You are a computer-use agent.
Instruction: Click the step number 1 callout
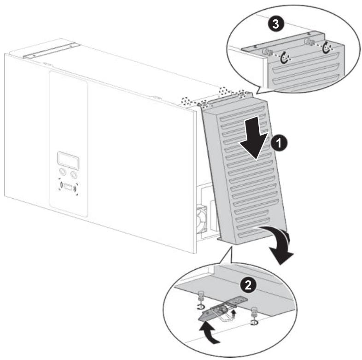pyautogui.click(x=279, y=143)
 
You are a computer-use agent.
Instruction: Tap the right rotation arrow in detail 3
pyautogui.click(x=326, y=47)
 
